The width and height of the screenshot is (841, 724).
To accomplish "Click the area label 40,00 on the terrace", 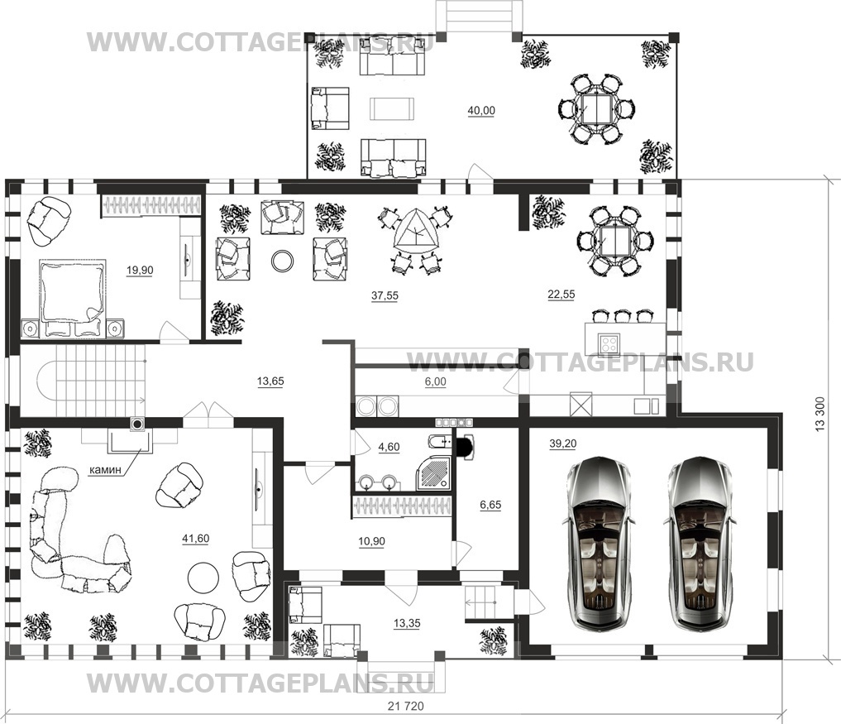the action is point(481,111).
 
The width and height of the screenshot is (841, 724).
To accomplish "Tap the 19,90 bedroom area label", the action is point(140,271).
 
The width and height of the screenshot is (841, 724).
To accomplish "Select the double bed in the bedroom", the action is point(72,298).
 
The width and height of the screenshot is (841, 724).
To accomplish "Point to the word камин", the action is point(105,470).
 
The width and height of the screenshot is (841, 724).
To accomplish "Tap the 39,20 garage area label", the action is point(562,444).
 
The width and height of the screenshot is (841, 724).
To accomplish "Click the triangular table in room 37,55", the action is point(414,232).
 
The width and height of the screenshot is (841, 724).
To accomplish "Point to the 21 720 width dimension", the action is point(405,707).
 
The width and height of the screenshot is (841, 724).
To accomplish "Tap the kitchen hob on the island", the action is point(609,342).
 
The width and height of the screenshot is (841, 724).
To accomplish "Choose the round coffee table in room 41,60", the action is point(203,577).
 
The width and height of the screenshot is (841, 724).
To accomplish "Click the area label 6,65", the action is point(490,505).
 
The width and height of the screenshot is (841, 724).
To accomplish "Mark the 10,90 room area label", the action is point(371,541).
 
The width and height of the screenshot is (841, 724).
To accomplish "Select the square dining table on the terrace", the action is point(596,109).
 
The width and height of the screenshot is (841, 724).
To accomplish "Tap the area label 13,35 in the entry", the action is point(407,624).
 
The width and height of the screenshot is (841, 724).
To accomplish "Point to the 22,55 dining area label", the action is point(561,294).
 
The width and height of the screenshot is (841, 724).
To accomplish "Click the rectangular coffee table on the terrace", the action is point(392,108).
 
